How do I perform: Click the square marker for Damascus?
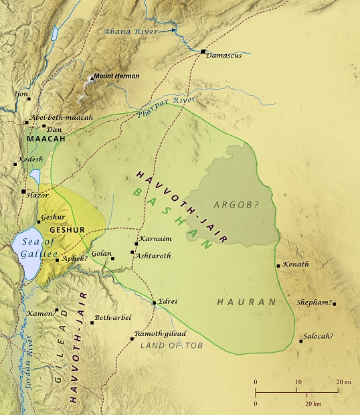pyautogui.click(x=203, y=52)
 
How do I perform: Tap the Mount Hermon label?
pyautogui.click(x=116, y=76)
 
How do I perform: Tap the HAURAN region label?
pyautogui.click(x=247, y=303)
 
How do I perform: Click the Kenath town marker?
pyautogui.click(x=278, y=266)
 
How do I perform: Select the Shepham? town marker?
pyautogui.click(x=334, y=304)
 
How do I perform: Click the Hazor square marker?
pyautogui.click(x=24, y=191)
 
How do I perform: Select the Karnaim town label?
pyautogui.click(x=153, y=238)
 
